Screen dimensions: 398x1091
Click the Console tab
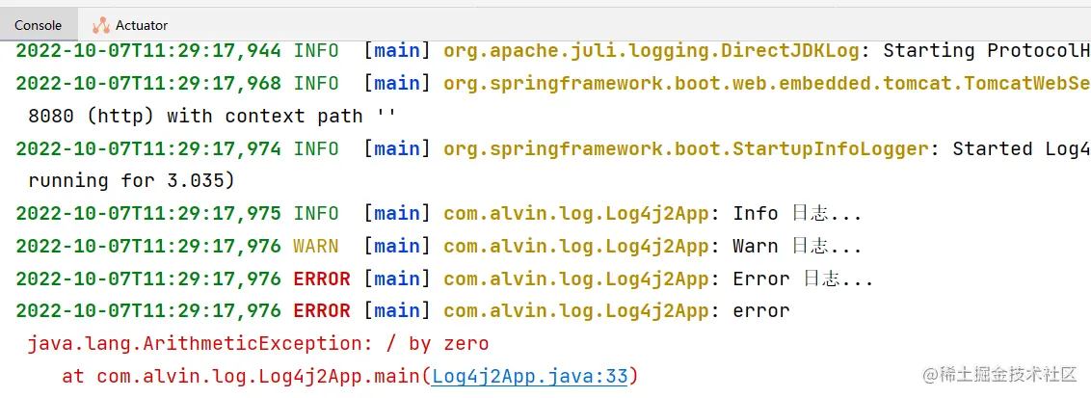pyautogui.click(x=38, y=25)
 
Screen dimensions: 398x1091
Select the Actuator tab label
pyautogui.click(x=141, y=25)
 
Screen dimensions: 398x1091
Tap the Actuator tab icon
pyautogui.click(x=100, y=25)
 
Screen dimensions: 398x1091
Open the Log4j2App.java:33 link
pyautogui.click(x=530, y=376)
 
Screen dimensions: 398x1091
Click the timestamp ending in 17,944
pyautogui.click(x=148, y=50)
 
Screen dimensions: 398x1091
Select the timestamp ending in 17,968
pyautogui.click(x=148, y=83)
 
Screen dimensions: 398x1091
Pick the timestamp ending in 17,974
pyautogui.click(x=148, y=148)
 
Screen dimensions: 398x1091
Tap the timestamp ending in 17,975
pyautogui.click(x=148, y=213)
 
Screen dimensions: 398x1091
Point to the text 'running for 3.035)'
pyautogui.click(x=132, y=180)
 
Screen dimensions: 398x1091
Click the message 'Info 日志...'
pyautogui.click(x=797, y=213)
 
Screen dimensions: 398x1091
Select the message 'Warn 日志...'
pyautogui.click(x=797, y=246)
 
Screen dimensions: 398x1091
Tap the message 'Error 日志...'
pyautogui.click(x=803, y=279)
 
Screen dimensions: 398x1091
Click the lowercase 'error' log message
pyautogui.click(x=761, y=311)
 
